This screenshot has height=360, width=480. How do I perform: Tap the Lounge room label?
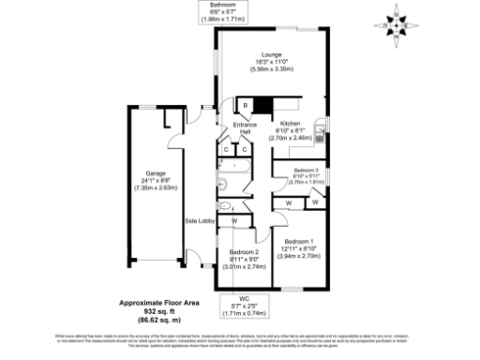tap(273, 54)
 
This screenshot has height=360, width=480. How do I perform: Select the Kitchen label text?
tap(290, 124)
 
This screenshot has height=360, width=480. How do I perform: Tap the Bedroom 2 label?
tap(245, 251)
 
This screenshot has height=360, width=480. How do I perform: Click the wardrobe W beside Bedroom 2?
tap(232, 221)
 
